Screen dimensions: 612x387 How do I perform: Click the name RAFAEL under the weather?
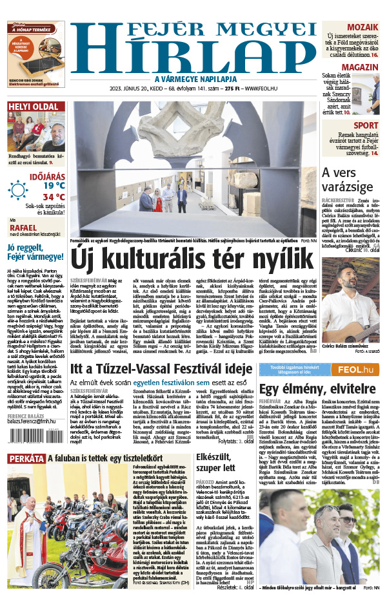coord(24,227)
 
